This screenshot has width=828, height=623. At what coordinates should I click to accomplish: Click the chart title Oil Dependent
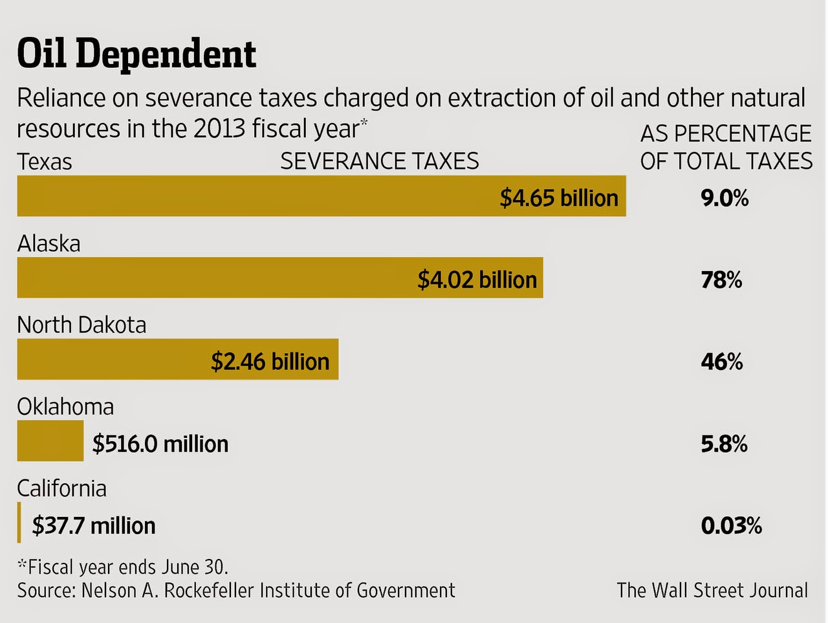136,54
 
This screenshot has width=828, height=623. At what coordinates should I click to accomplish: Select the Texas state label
44,162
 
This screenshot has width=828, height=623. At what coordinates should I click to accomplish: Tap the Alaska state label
49,244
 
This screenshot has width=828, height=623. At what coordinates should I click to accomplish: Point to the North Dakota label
82,325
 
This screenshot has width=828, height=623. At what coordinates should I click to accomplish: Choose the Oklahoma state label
65,407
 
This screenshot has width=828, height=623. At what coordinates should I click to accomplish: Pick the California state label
61,488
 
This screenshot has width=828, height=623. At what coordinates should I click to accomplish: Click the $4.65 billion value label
559,198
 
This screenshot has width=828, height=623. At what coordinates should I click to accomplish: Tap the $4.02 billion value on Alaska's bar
477,279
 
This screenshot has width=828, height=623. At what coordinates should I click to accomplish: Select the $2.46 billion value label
270,361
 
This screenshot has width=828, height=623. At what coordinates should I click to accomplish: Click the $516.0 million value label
160,444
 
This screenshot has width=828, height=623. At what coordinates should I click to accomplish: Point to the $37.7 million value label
94,525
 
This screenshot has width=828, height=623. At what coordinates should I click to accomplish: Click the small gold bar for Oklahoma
50,441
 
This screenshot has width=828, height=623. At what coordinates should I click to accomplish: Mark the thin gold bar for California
19,522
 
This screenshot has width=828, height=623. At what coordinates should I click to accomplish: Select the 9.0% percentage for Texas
724,198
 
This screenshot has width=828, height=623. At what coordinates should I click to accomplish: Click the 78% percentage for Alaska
721,279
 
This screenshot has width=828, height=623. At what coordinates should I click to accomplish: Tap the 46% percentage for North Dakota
722,361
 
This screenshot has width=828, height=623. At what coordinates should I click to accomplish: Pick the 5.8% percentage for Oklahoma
724,444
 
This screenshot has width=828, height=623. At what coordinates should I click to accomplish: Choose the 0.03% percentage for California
731,525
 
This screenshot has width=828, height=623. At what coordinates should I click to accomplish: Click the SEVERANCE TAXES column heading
380,161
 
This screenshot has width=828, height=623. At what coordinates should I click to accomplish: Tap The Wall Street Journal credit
712,590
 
